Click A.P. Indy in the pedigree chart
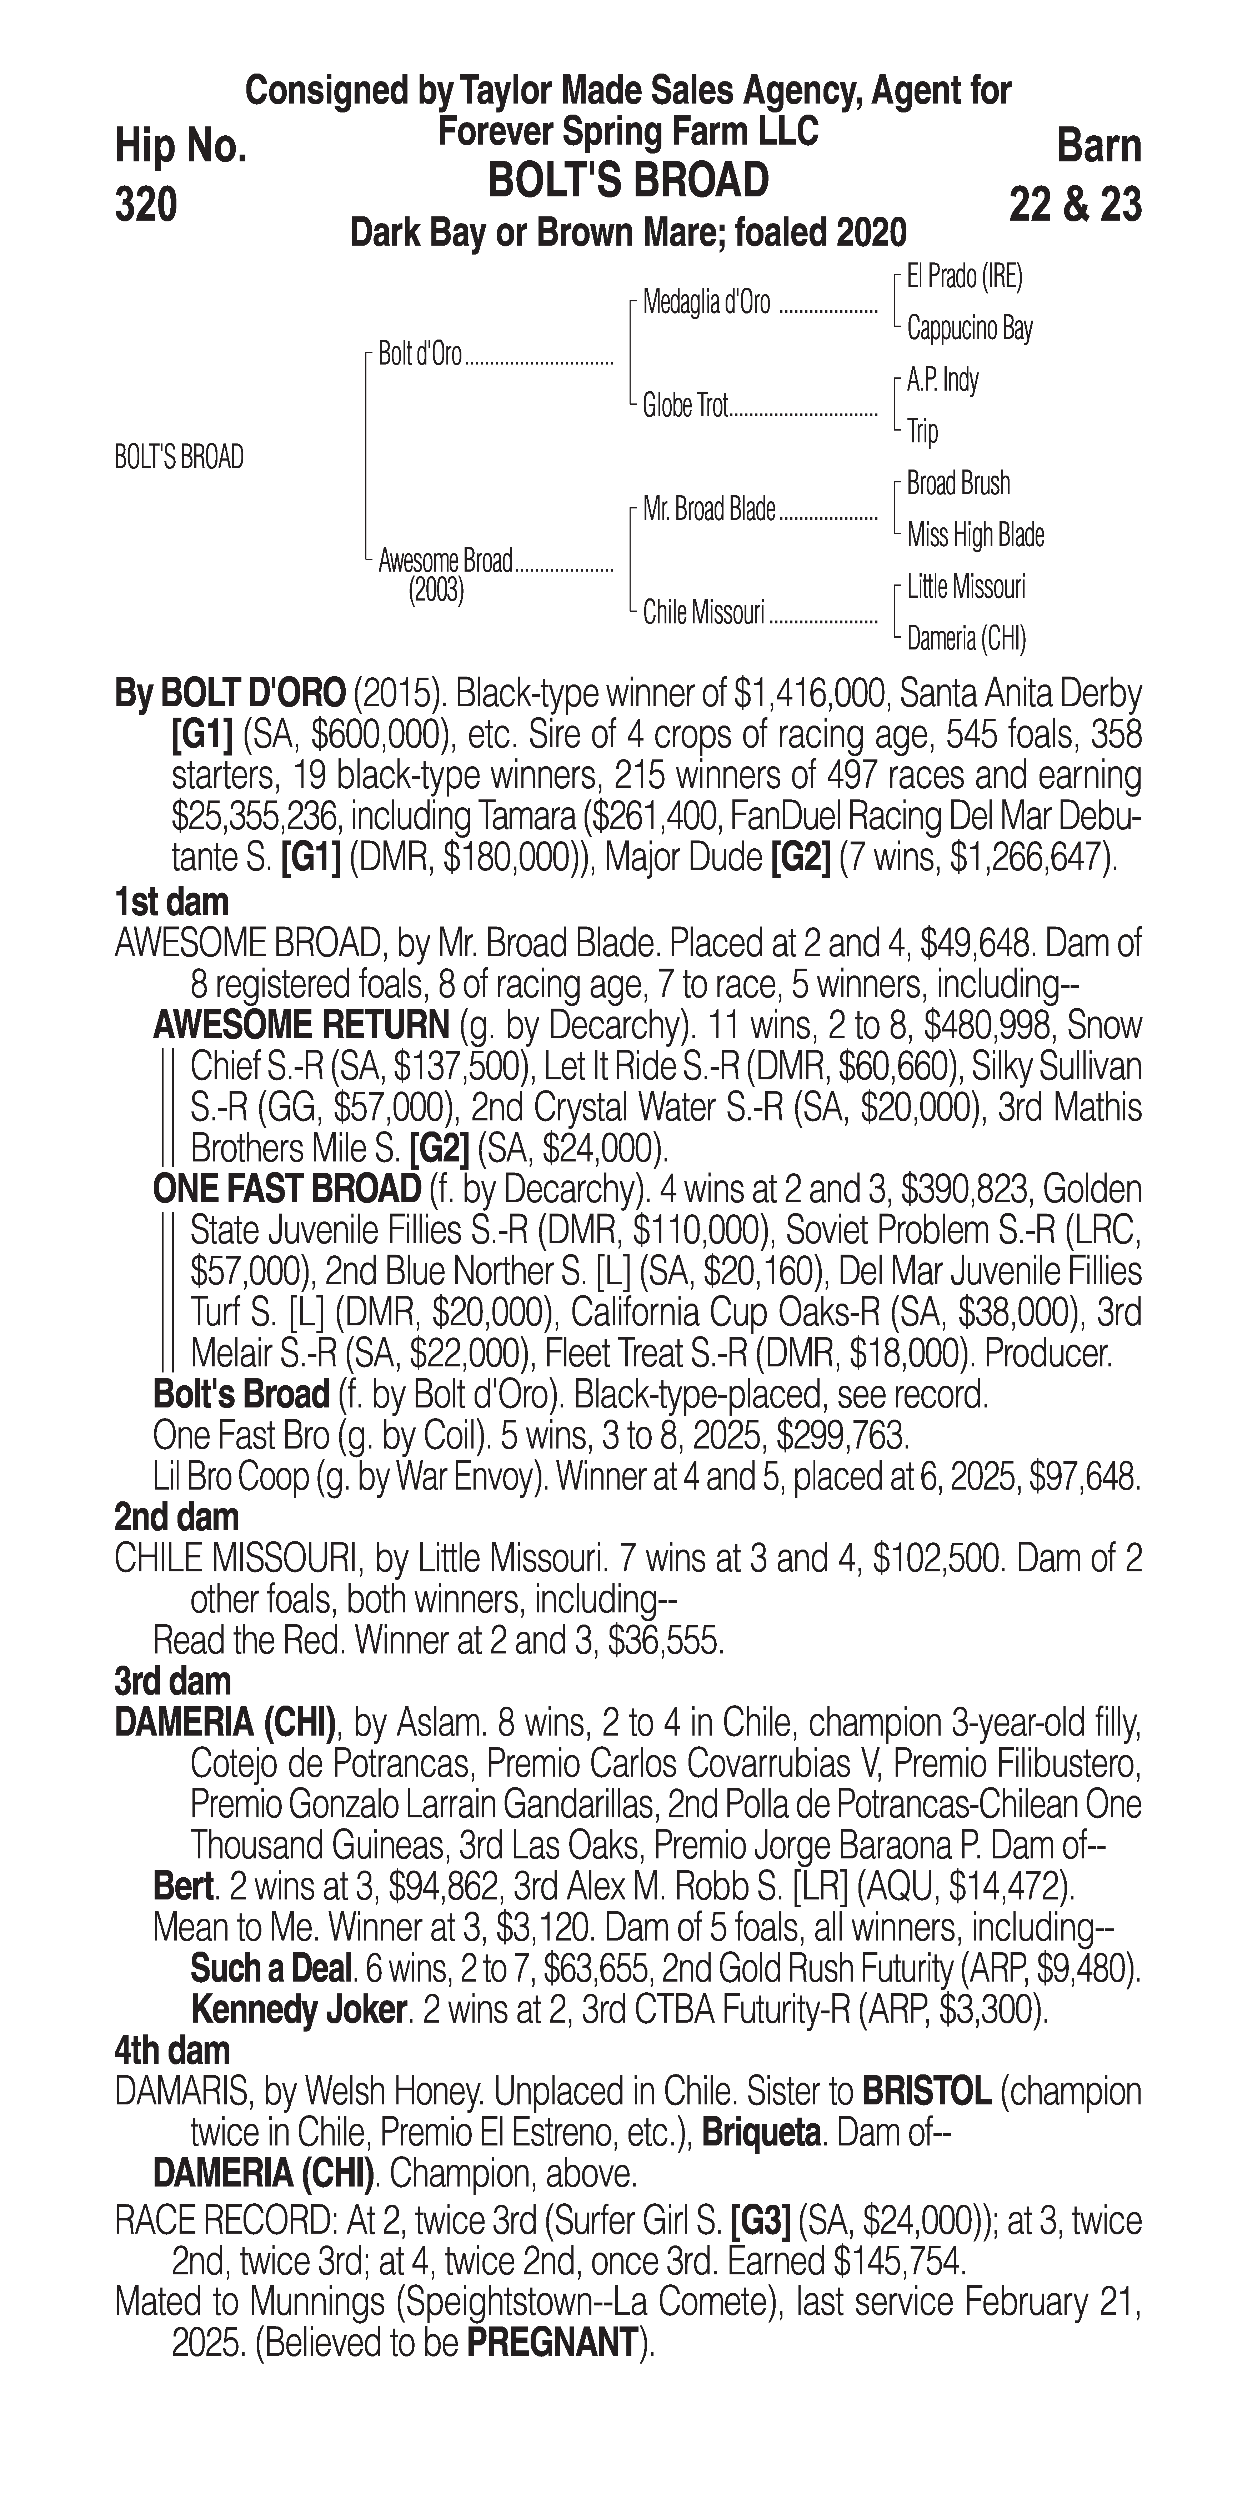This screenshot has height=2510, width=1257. pos(942,380)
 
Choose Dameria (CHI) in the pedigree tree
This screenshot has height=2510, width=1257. pos(966,639)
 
